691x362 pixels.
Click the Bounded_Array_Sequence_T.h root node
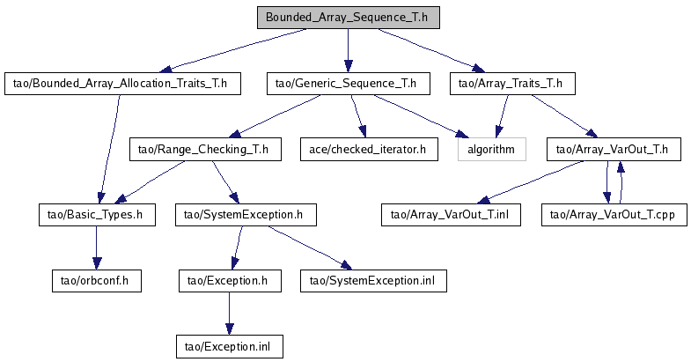pos(349,18)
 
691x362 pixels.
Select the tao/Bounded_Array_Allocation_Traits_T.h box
pos(122,84)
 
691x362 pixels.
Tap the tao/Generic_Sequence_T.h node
pos(349,84)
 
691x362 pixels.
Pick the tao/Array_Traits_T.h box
pos(512,84)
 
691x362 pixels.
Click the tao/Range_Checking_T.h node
pos(205,150)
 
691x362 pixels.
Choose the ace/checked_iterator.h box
pos(370,150)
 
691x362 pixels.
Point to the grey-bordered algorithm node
pos(492,150)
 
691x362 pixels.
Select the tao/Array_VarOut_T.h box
pos(614,150)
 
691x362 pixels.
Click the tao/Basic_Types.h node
pos(97,215)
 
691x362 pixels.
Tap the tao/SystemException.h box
pos(246,215)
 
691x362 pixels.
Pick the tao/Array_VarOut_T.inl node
pos(451,215)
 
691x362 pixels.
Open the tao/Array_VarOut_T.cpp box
pos(614,215)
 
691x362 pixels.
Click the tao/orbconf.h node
pos(97,281)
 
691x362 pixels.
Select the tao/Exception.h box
pos(230,281)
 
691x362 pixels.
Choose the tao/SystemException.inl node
pos(374,281)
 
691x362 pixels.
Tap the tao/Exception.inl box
pos(230,346)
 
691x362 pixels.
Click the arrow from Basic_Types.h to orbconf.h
pos(97,247)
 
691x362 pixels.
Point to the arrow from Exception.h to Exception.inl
pos(229,314)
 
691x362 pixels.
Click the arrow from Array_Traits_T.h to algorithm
pos(503,116)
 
